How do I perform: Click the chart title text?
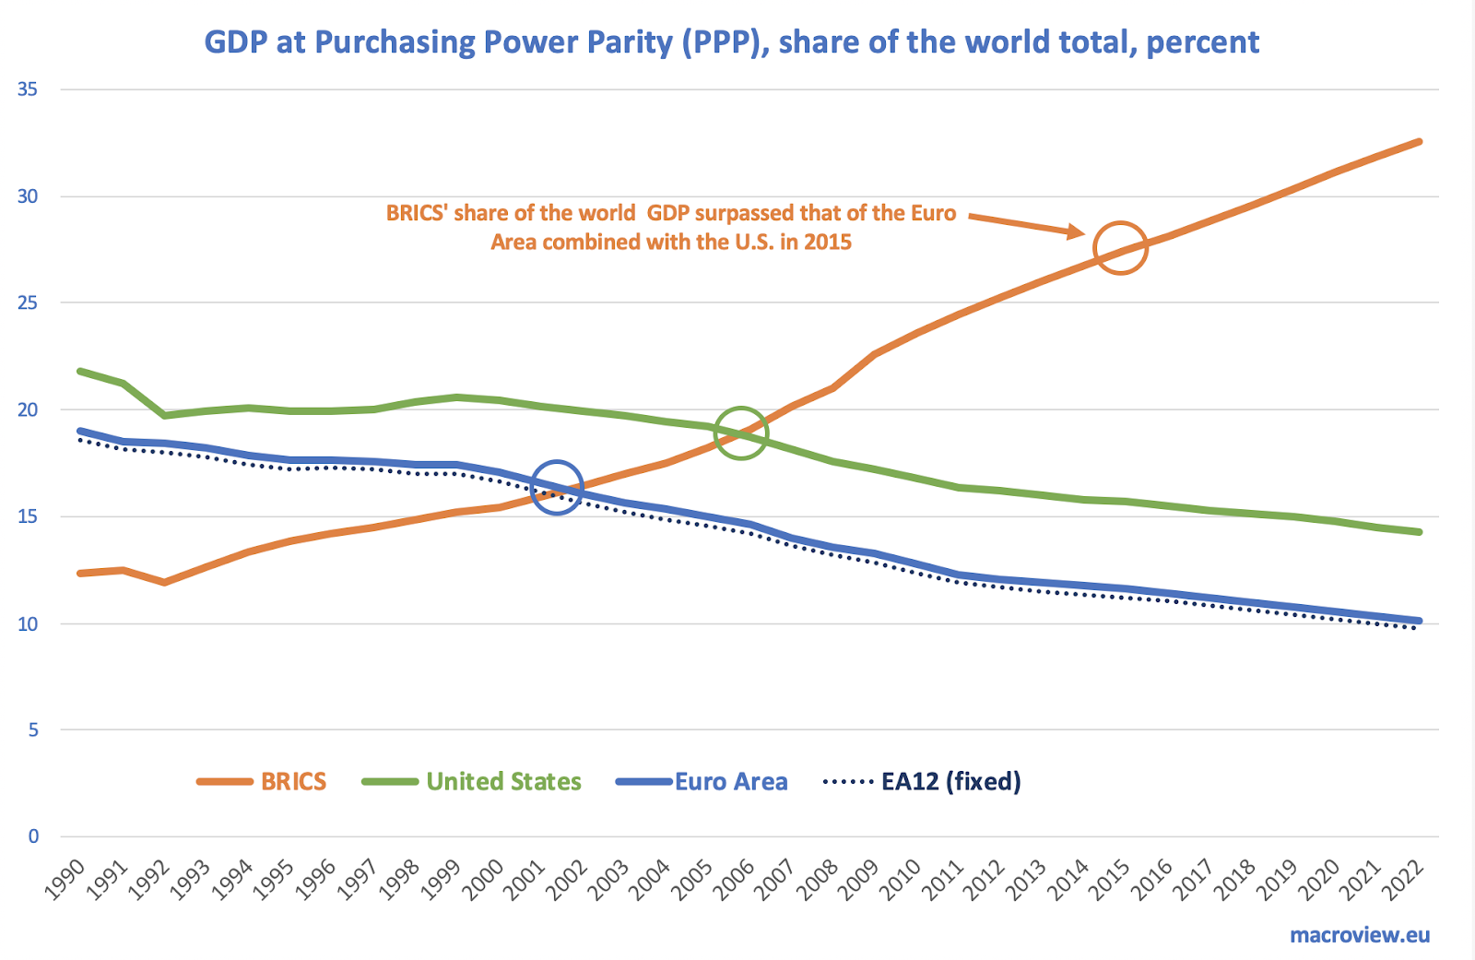(x=731, y=42)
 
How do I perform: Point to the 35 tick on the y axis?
(x=28, y=89)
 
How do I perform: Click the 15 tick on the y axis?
(x=28, y=516)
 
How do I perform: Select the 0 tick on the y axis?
(x=33, y=836)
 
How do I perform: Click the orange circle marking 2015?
(x=1120, y=248)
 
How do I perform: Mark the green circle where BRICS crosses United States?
(x=740, y=433)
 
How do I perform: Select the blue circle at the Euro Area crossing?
(x=557, y=487)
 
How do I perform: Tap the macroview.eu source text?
(x=1360, y=935)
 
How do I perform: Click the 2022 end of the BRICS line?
(x=1419, y=142)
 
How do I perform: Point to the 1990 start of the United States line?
(x=81, y=372)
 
